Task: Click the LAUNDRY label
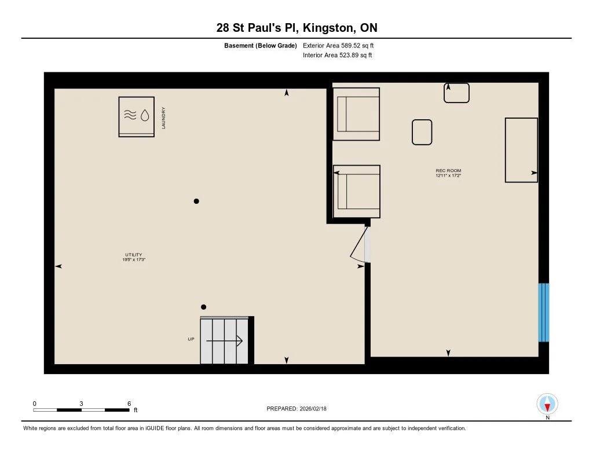[x=163, y=118]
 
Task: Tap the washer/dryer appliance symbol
[x=136, y=116]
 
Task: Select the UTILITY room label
[x=134, y=255]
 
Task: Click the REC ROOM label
[x=448, y=171]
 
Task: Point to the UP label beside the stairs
[x=191, y=339]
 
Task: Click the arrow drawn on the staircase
[x=224, y=341]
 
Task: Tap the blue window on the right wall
[x=543, y=313]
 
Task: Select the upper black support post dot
[x=196, y=201]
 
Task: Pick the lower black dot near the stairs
[x=203, y=307]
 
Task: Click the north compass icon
[x=547, y=404]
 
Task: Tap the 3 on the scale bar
[x=81, y=404]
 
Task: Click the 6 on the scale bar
[x=129, y=404]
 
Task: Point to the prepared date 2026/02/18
[x=313, y=408]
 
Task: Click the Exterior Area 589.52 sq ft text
[x=338, y=45]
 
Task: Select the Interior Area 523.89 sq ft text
[x=338, y=55]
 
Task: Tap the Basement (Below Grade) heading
[x=260, y=45]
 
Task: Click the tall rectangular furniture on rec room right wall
[x=521, y=150]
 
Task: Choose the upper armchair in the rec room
[x=356, y=114]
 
